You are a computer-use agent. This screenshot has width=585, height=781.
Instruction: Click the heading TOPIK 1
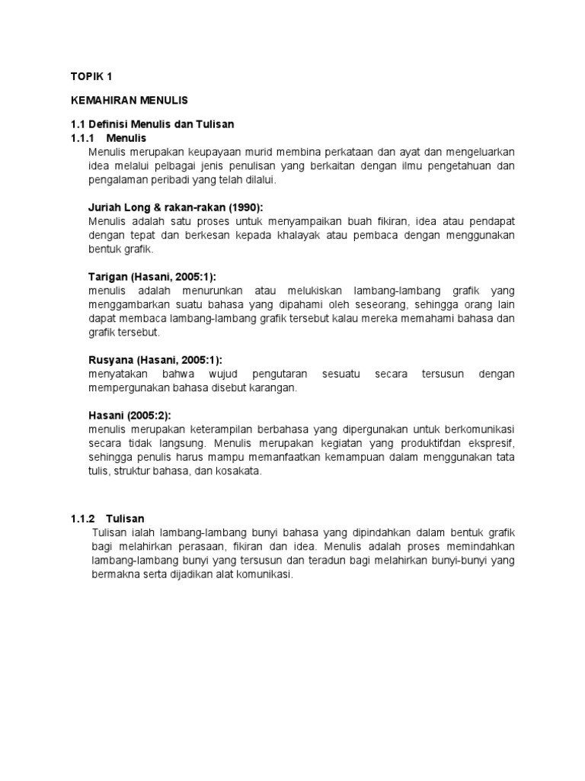tap(91, 76)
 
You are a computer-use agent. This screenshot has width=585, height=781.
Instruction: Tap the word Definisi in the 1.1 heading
tap(108, 124)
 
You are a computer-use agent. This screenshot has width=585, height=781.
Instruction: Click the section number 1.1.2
tap(81, 518)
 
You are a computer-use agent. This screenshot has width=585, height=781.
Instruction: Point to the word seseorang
tap(388, 305)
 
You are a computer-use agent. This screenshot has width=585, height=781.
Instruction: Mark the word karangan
tap(273, 387)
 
